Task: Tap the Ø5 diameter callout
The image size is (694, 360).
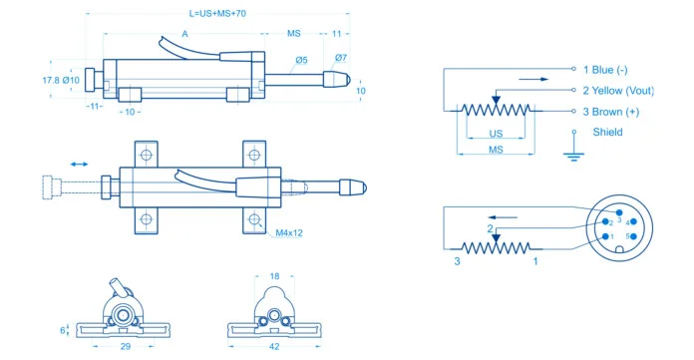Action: tap(300, 61)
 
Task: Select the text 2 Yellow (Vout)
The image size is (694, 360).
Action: tap(631, 90)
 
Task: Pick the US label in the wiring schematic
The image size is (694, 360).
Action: tap(496, 134)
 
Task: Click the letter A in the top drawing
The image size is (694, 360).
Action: tap(185, 34)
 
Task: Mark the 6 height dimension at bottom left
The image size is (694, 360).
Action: tap(62, 329)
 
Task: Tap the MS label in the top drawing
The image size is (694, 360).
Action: tap(294, 34)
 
